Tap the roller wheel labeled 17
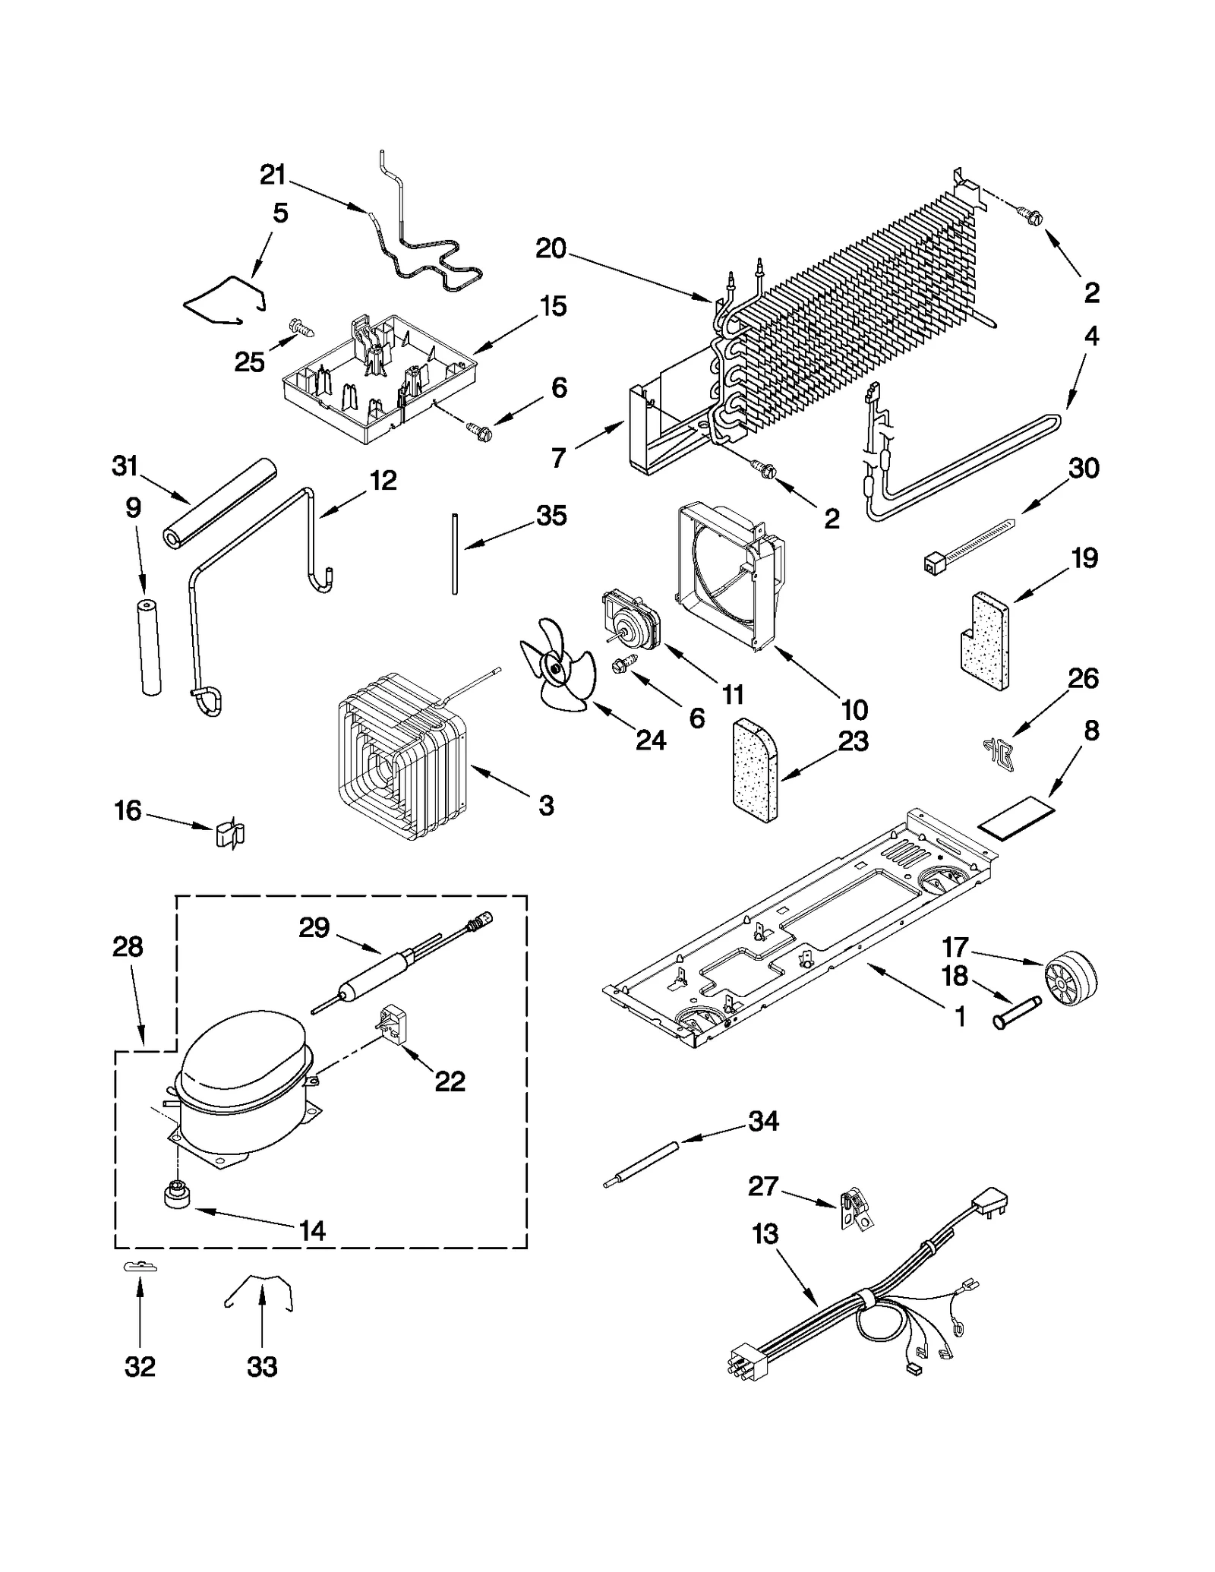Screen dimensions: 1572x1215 click(x=1071, y=979)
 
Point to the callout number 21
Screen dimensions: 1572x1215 click(x=273, y=175)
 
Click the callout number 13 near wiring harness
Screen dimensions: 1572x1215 click(x=765, y=1234)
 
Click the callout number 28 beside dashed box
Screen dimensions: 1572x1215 click(x=127, y=947)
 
